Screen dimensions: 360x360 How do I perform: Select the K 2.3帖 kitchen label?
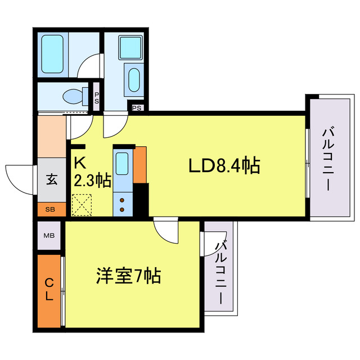(91, 173)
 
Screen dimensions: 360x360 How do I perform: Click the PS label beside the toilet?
(96, 98)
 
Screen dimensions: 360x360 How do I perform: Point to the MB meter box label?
(49, 237)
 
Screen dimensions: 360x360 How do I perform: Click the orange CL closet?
(49, 290)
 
